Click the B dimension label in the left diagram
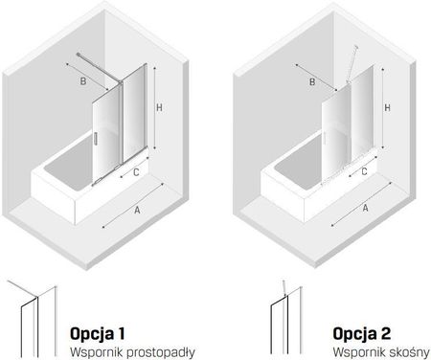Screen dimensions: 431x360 tap(83, 81)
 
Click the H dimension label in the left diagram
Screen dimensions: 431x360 tap(159, 107)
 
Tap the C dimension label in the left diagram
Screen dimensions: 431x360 tap(136, 172)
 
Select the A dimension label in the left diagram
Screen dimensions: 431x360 tap(137, 211)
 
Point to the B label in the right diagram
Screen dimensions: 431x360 tap(312, 82)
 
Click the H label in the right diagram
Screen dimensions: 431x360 tap(387, 108)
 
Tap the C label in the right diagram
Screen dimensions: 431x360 tap(364, 171)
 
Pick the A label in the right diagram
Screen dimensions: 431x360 tap(366, 208)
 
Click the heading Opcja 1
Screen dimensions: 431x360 tap(97, 334)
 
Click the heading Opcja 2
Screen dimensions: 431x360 tap(361, 334)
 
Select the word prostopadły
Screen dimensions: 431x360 tap(161, 352)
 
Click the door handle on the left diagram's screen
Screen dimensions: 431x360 tap(95, 138)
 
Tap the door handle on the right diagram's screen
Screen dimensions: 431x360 tap(324, 138)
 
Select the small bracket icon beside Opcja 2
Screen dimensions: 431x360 tap(286, 318)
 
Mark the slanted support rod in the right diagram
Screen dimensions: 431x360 tap(352, 64)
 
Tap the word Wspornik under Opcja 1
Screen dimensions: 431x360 tap(97, 352)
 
